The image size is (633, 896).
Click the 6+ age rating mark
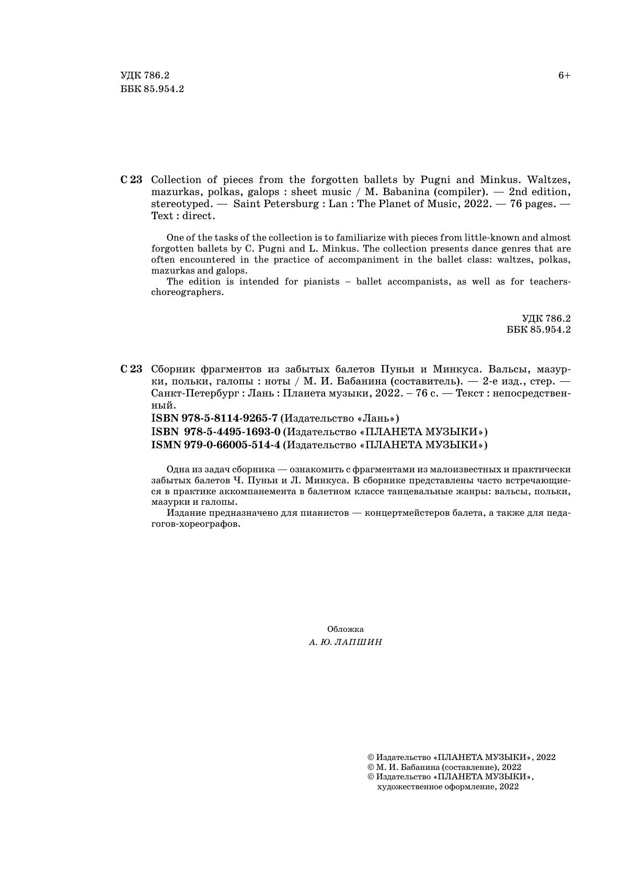[x=564, y=76]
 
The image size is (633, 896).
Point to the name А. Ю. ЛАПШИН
[x=345, y=642]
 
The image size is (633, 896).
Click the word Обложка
[x=345, y=629]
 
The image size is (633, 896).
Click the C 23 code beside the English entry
[x=131, y=180]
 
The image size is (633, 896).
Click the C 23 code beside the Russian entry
[x=131, y=369]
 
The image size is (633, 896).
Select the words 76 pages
[x=528, y=204]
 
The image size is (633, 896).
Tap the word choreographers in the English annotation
[x=187, y=292]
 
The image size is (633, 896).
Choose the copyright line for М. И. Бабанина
[x=444, y=767]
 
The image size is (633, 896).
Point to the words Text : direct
[x=182, y=216]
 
